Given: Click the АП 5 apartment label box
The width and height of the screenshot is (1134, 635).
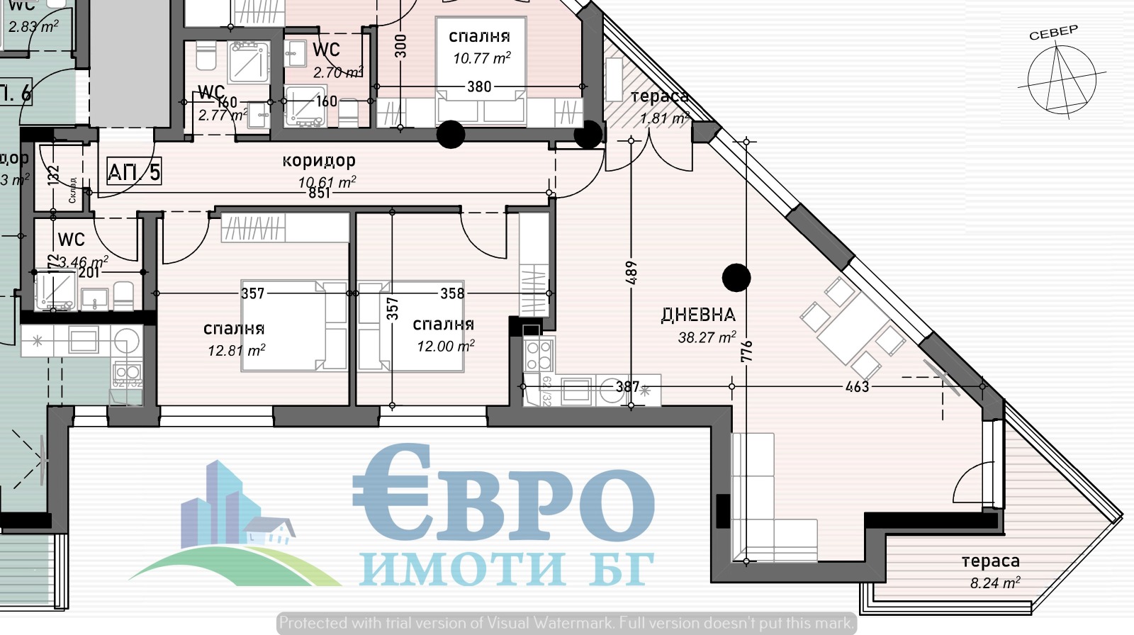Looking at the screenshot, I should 134,172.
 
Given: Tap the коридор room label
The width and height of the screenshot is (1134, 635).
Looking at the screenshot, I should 319,161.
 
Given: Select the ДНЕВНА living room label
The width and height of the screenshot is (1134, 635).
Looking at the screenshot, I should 698,315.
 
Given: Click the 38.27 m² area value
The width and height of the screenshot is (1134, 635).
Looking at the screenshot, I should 707,337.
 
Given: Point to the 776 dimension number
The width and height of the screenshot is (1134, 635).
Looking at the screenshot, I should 747,352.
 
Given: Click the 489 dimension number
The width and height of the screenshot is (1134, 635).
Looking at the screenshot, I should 631,273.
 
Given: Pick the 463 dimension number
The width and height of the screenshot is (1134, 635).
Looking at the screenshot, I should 857,387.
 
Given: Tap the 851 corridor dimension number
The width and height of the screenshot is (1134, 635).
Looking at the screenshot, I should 320,193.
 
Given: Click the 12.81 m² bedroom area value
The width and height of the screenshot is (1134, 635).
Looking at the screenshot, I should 236,350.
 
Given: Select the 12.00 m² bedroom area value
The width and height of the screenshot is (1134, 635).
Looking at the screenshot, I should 445,346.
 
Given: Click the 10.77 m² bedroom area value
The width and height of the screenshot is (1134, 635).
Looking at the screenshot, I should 482,58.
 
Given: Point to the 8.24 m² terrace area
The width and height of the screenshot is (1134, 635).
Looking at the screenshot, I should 994,583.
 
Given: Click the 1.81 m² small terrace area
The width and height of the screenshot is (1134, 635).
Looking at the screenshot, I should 664,118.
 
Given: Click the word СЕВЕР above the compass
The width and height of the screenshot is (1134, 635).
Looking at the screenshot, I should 1053,33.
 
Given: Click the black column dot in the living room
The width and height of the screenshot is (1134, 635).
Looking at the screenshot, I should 736,278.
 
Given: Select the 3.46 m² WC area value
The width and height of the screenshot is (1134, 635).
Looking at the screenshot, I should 83,262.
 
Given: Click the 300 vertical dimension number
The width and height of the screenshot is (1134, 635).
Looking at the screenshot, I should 401,46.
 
